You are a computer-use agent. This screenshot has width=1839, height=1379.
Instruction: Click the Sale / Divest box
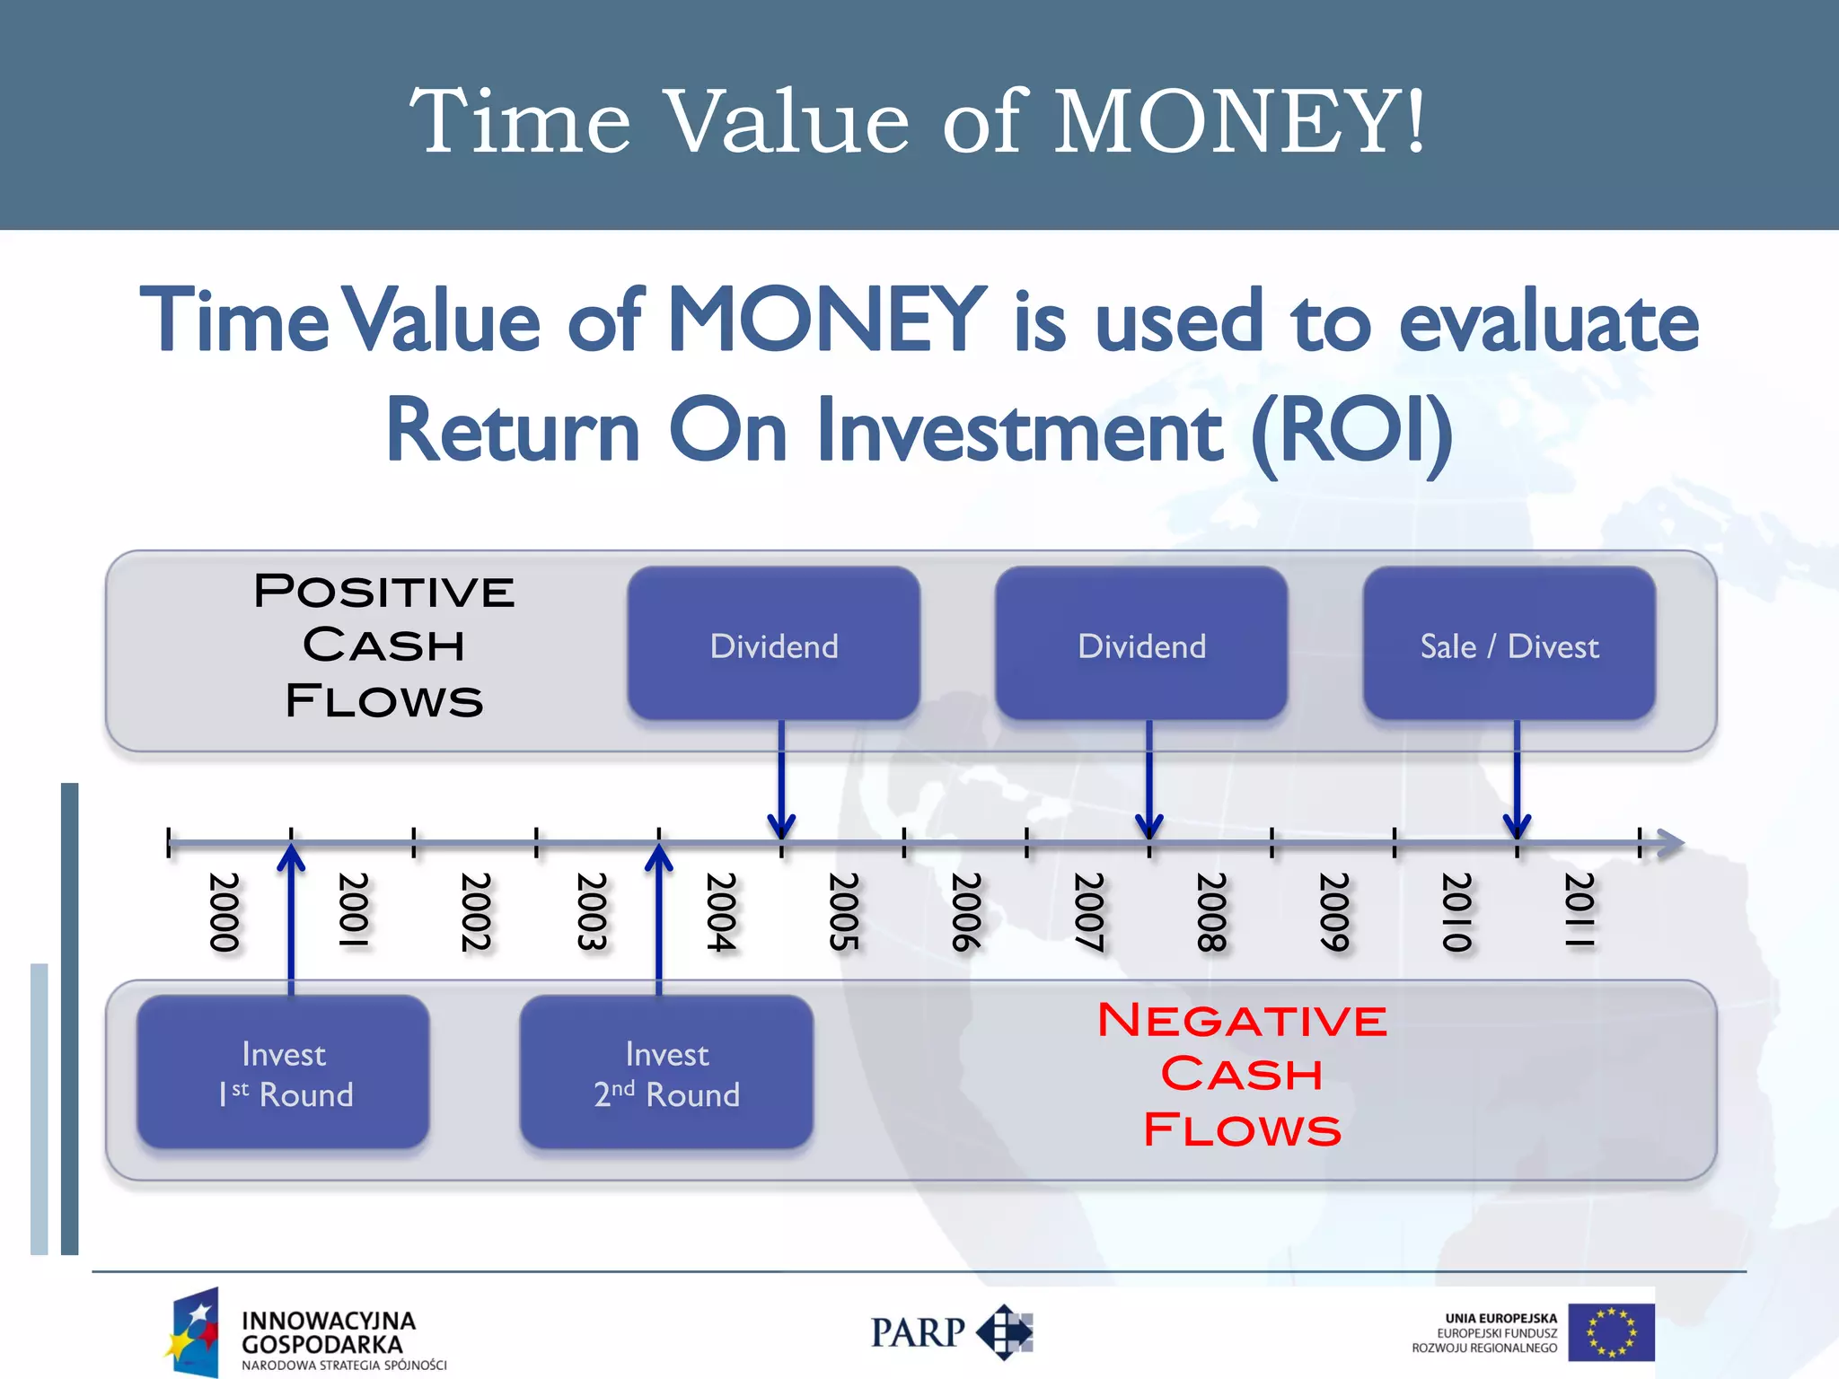(1509, 644)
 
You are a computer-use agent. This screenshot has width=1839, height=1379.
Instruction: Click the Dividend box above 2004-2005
(773, 644)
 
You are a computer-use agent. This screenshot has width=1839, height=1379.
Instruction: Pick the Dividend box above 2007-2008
(1141, 644)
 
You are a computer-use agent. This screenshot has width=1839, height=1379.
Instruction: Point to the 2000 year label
(224, 911)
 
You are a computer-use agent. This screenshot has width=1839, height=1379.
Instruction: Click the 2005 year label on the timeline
(843, 911)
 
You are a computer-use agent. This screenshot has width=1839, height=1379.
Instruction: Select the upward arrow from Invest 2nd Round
(659, 916)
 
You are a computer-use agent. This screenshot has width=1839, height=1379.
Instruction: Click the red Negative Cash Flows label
(1242, 1075)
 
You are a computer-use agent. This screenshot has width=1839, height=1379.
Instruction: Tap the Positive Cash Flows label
(384, 646)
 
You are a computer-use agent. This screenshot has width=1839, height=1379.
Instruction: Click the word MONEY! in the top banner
(1239, 121)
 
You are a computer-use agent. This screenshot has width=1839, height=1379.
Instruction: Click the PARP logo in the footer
(951, 1332)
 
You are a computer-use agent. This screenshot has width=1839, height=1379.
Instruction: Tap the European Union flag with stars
(1611, 1332)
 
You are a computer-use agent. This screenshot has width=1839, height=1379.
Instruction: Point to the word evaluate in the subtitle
(1548, 322)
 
